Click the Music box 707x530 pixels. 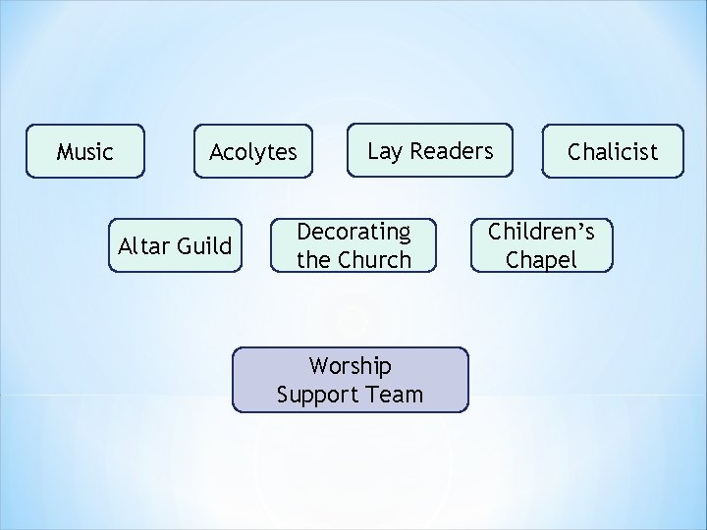(85, 151)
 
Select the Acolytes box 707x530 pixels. (252, 151)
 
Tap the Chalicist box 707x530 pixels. (613, 151)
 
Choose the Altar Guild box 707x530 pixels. (175, 245)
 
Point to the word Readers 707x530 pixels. (451, 151)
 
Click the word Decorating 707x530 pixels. (353, 232)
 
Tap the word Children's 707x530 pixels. (541, 232)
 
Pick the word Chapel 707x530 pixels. (541, 260)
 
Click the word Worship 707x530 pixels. (350, 366)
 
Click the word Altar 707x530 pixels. (143, 245)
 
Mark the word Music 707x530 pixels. (85, 152)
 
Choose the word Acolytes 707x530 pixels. (252, 152)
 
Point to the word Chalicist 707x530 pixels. (613, 152)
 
